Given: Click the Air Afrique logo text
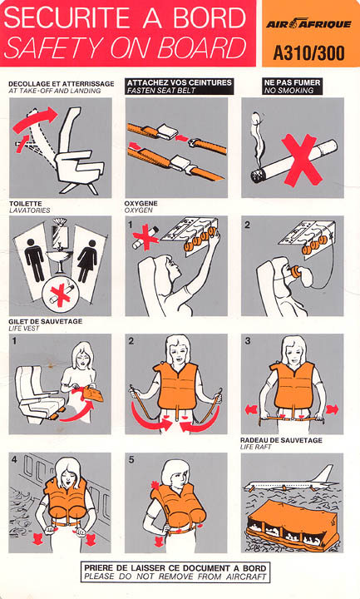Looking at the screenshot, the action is pyautogui.click(x=308, y=24).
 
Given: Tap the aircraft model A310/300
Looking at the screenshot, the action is pyautogui.click(x=308, y=53).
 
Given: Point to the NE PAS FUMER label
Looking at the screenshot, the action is pyautogui.click(x=293, y=82).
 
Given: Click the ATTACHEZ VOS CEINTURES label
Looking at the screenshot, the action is pyautogui.click(x=180, y=82).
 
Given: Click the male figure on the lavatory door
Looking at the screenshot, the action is pyautogui.click(x=35, y=260).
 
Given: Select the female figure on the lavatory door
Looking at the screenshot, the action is pyautogui.click(x=87, y=261).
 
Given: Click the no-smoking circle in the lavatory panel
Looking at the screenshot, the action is pyautogui.click(x=61, y=295).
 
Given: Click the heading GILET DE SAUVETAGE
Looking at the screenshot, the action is pyautogui.click(x=46, y=322).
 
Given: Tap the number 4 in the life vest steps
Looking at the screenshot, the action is pyautogui.click(x=14, y=459).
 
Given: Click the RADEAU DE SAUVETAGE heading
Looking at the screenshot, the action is pyautogui.click(x=281, y=440).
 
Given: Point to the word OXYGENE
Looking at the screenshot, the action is pyautogui.click(x=141, y=203).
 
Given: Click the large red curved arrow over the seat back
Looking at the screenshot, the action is pyautogui.click(x=35, y=121).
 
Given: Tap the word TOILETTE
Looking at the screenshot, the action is pyautogui.click(x=26, y=204).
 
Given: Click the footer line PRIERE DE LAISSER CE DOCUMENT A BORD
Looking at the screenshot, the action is pyautogui.click(x=175, y=568).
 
